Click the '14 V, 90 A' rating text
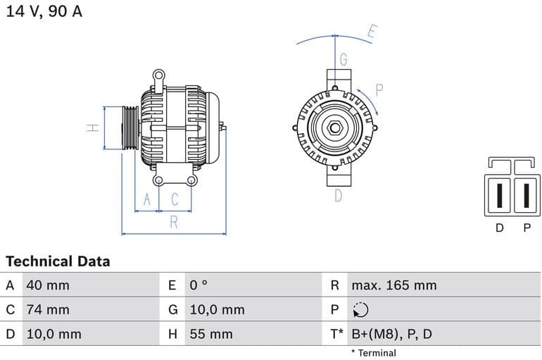44,12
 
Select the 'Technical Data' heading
58,261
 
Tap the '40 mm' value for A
47,285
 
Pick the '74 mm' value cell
47,309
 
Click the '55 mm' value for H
210,334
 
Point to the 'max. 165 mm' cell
393,285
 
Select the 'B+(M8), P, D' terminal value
392,334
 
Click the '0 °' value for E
198,285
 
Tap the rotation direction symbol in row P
360,310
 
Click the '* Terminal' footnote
373,353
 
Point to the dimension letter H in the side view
92,128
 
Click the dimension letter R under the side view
174,223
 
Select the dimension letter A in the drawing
147,200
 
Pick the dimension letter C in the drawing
175,200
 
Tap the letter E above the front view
372,32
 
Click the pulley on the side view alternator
130,128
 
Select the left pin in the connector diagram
499,194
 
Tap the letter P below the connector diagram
527,228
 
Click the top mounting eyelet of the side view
159,74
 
